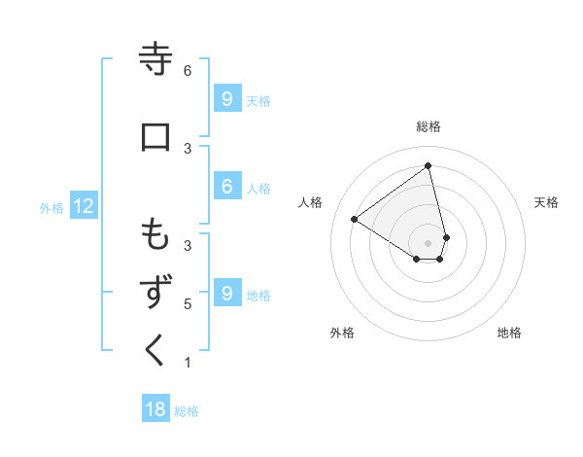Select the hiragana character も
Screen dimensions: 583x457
click(x=155, y=234)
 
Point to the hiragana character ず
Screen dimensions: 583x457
click(x=155, y=293)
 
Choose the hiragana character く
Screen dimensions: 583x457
click(x=155, y=350)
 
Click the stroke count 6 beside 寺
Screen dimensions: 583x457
click(x=188, y=71)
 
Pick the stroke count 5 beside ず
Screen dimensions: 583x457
click(x=188, y=304)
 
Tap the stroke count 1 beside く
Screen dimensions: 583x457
click(x=188, y=363)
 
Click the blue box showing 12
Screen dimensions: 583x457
click(x=83, y=206)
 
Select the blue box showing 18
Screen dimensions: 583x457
click(x=155, y=409)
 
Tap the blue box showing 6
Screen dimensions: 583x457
click(x=226, y=188)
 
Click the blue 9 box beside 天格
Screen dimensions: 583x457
click(x=226, y=98)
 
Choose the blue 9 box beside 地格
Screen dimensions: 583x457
click(x=226, y=293)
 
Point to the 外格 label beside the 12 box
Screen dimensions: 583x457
click(x=51, y=207)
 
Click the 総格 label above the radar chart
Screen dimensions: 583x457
click(x=429, y=126)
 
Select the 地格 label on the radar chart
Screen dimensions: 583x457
click(x=509, y=333)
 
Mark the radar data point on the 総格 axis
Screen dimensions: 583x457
click(x=429, y=166)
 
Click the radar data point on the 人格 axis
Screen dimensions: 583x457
click(x=355, y=219)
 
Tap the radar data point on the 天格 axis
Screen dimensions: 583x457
click(x=446, y=236)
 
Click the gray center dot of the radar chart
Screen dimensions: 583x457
click(x=429, y=242)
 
